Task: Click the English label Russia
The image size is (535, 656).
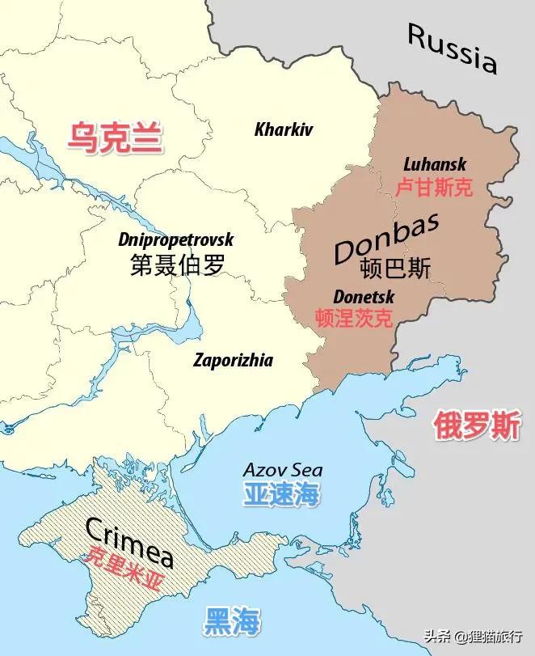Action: point(452,48)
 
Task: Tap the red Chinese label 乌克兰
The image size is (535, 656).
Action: point(114,138)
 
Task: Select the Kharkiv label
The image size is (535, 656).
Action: point(283,129)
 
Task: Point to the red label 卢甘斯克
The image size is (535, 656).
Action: point(434,188)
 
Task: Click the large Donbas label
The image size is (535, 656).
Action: point(386,239)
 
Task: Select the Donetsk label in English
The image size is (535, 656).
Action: point(363,296)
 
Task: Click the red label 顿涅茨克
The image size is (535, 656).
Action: point(354,318)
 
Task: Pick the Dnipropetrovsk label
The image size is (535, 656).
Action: point(175,240)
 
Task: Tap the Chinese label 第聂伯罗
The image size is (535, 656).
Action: point(177,265)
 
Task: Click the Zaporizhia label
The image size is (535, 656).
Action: point(233,361)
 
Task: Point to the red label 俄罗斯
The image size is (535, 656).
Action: point(477,425)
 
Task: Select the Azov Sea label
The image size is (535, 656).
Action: point(283,470)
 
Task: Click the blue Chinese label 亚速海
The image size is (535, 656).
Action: point(282,494)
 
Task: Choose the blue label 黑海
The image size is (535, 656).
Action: point(231,621)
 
